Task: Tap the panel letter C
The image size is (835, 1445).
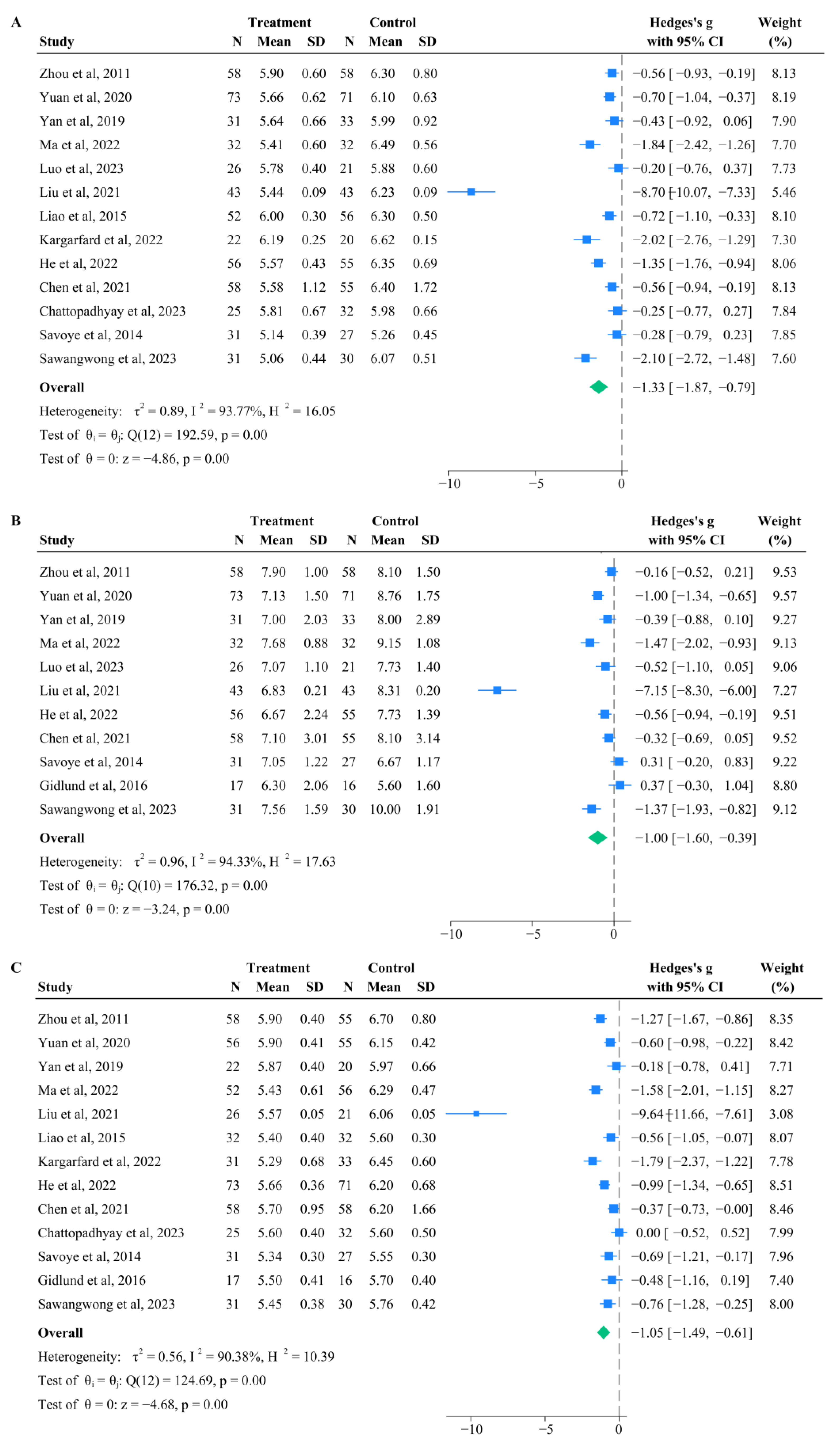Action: pos(16,967)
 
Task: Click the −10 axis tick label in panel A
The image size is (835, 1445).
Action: pos(450,484)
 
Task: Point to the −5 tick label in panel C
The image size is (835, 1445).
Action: pos(546,1429)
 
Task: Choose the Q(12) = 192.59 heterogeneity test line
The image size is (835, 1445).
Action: pos(153,435)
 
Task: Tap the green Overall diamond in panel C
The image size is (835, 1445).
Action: pos(603,1333)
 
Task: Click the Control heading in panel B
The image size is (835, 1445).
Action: pos(395,521)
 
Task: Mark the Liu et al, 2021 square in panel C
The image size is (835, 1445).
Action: pos(476,1114)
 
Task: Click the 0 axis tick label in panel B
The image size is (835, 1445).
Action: pos(614,934)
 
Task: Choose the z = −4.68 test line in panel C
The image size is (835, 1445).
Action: pos(132,1404)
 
